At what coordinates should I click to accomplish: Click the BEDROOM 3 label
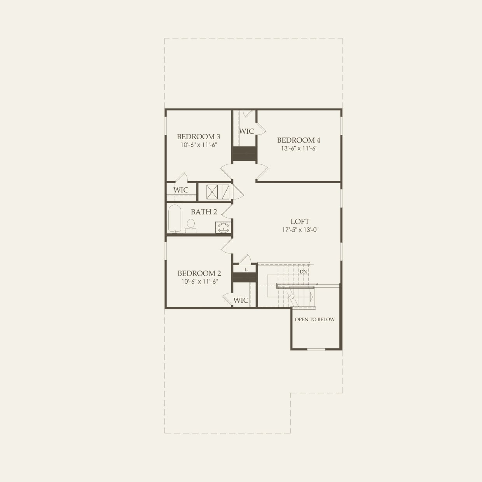pyautogui.click(x=198, y=136)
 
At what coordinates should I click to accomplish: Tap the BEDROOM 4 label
pyautogui.click(x=299, y=140)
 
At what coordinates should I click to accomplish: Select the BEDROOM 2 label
pyautogui.click(x=199, y=273)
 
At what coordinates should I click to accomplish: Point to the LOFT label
pyautogui.click(x=300, y=222)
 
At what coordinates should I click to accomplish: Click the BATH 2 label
pyautogui.click(x=204, y=212)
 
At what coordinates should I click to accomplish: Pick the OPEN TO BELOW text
pyautogui.click(x=314, y=320)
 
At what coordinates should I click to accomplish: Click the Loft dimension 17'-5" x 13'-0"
pyautogui.click(x=300, y=230)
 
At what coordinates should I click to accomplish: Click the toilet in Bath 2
pyautogui.click(x=190, y=225)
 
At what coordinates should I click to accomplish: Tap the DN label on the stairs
pyautogui.click(x=303, y=271)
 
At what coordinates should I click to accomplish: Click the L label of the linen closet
pyautogui.click(x=246, y=269)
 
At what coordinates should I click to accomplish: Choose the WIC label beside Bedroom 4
pyautogui.click(x=246, y=131)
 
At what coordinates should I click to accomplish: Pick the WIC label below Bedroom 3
pyautogui.click(x=181, y=190)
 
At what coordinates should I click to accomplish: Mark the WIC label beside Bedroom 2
pyautogui.click(x=241, y=300)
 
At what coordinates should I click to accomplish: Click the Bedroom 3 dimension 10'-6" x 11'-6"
pyautogui.click(x=198, y=145)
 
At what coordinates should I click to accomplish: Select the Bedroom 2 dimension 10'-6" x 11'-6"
pyautogui.click(x=199, y=282)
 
